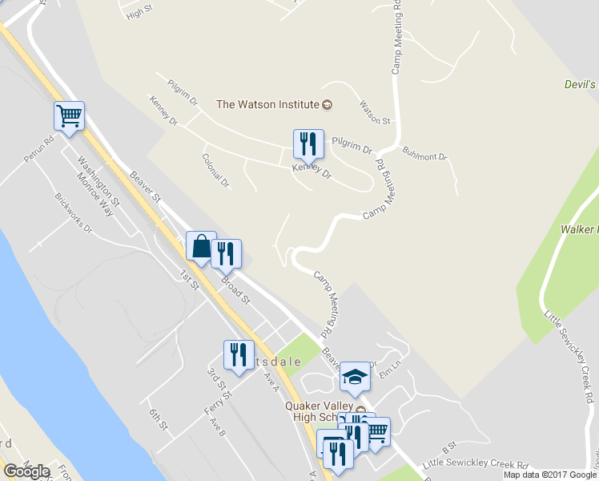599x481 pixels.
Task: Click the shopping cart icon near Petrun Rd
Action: pos(69,115)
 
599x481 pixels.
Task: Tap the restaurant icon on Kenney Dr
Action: pos(308,144)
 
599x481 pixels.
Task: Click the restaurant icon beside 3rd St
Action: pos(238,354)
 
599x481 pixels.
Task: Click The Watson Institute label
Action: pos(268,104)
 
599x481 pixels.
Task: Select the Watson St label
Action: pos(374,112)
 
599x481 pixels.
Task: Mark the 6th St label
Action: pos(156,419)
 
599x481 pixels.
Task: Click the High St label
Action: pos(139,14)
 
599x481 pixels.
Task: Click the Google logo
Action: pos(26,471)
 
